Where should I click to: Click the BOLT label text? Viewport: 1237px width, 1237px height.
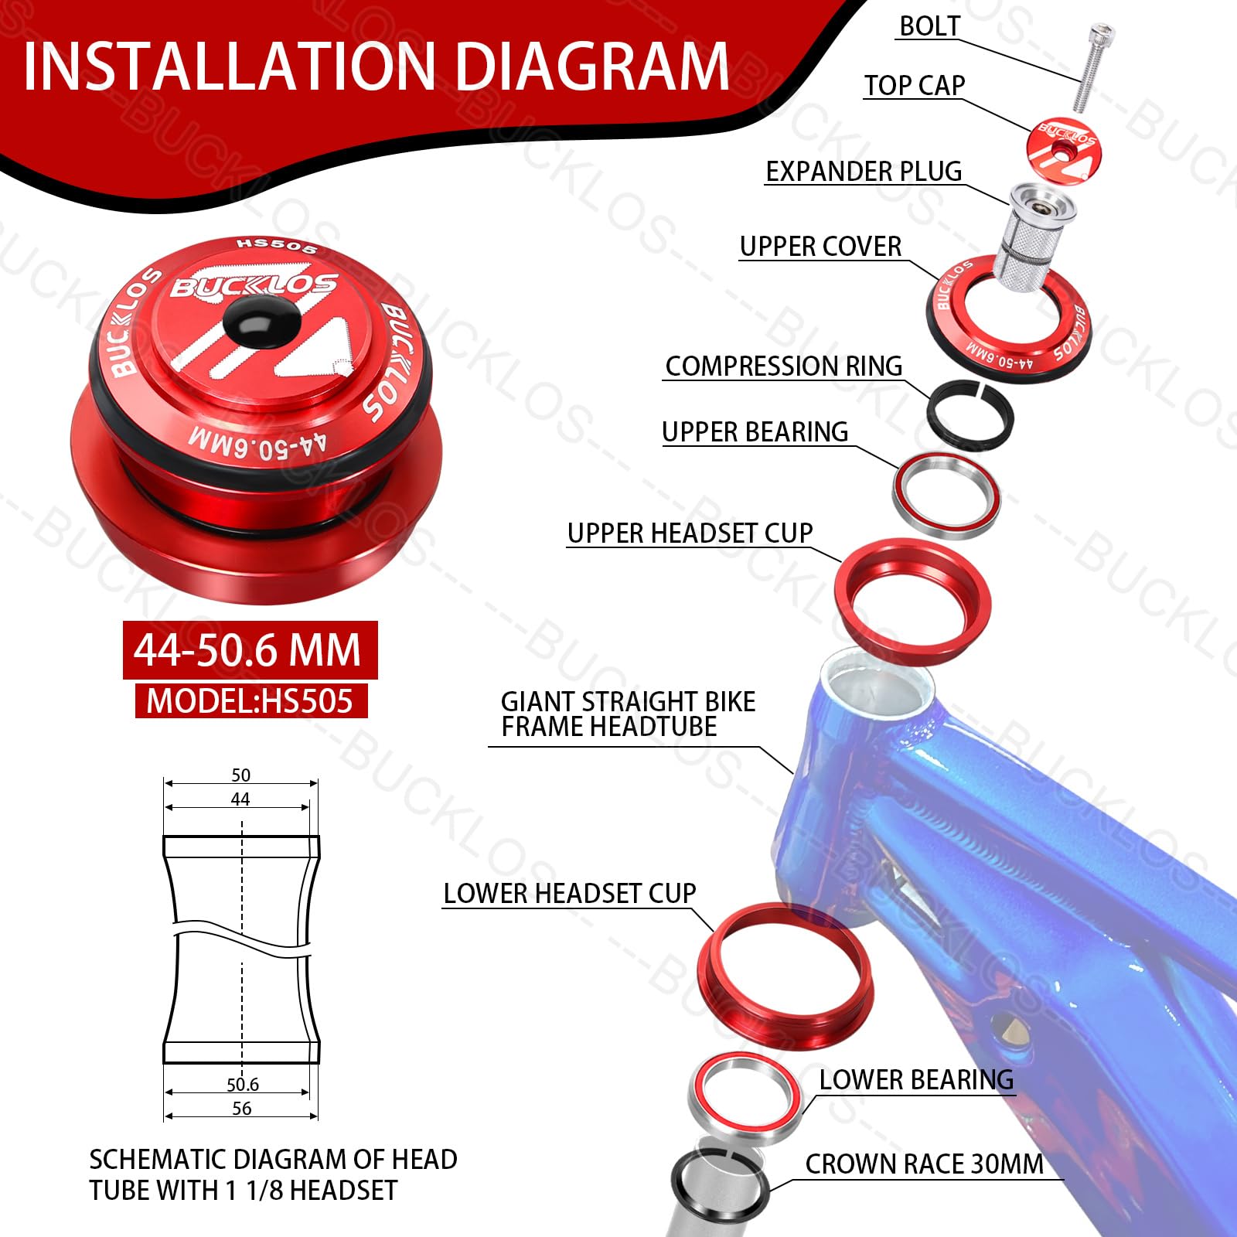pos(929,26)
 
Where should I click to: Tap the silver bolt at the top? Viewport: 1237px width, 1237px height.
pos(1092,66)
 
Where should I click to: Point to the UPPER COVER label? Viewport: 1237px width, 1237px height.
pos(820,247)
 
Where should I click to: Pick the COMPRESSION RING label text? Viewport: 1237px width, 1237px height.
pos(783,366)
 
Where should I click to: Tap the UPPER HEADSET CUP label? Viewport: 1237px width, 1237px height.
pos(690,533)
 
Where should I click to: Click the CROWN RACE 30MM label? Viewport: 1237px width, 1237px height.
pos(924,1164)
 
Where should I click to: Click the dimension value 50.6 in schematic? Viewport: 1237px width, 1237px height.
pos(242,1085)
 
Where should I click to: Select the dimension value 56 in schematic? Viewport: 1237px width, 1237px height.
pos(242,1109)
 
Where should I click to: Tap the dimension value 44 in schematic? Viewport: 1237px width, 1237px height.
pos(240,799)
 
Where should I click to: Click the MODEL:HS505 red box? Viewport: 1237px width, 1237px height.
pos(250,701)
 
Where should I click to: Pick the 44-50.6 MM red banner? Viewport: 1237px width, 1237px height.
pos(249,650)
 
